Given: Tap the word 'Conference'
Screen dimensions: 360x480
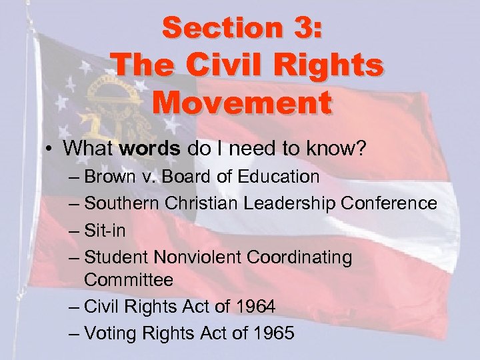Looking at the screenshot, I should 396,203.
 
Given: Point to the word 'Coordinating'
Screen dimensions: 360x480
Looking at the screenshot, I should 307,257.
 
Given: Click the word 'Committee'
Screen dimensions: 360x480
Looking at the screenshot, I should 129,280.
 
